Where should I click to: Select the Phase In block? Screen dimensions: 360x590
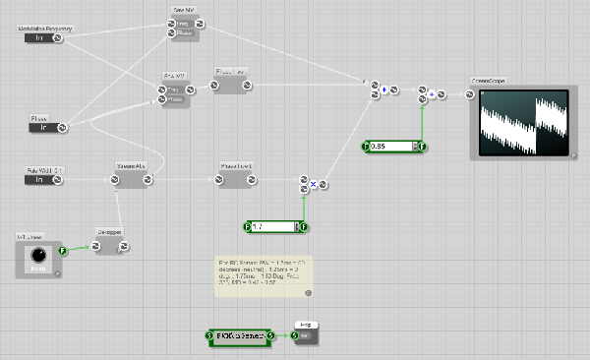[40, 127]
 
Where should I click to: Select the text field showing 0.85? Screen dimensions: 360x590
[391, 147]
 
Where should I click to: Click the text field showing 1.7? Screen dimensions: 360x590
[273, 227]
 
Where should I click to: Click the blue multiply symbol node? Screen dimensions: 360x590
[313, 184]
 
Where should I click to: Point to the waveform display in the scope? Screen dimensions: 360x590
[529, 119]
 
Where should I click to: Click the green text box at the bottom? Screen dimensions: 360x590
[242, 337]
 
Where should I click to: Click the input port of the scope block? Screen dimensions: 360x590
[470, 94]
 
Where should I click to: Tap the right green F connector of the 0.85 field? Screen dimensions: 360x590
[423, 147]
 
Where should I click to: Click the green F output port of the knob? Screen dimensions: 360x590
[63, 251]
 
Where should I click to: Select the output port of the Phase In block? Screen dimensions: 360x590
[61, 127]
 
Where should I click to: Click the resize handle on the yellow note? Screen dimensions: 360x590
[308, 292]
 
